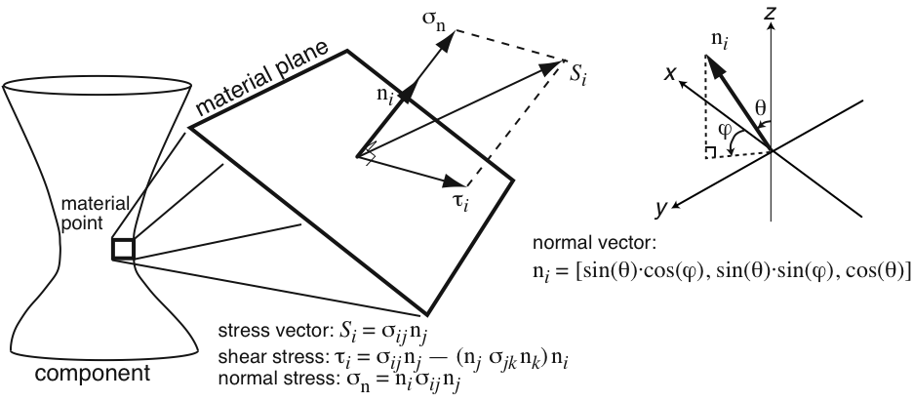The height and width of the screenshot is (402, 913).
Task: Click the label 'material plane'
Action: [268, 79]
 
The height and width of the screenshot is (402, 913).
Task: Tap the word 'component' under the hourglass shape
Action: [93, 373]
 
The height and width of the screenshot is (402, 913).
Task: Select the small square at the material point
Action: [123, 249]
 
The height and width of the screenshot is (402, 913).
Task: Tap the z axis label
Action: [772, 13]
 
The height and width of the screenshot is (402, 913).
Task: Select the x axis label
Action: [671, 73]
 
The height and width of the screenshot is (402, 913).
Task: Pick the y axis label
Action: [660, 209]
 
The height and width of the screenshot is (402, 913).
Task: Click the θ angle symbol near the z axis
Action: [761, 107]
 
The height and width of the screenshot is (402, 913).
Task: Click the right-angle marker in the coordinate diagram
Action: [710, 153]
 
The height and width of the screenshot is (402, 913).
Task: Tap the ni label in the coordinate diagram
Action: [720, 40]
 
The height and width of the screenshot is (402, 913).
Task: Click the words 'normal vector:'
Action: [594, 243]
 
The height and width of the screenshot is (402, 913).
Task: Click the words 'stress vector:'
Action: [276, 331]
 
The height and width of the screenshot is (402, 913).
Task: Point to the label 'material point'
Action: [95, 214]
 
